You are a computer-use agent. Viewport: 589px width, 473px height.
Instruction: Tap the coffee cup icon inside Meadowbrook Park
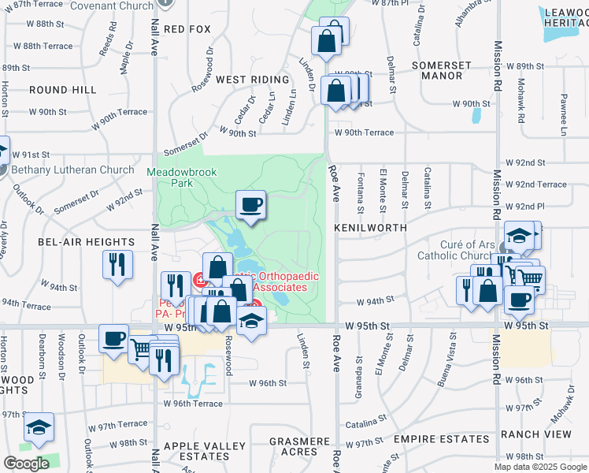pos(251,206)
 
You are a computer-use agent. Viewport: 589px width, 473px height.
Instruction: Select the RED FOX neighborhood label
pos(187,29)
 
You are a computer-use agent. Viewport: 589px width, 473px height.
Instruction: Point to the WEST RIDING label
pos(247,80)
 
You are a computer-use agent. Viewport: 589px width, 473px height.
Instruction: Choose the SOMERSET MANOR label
pos(446,70)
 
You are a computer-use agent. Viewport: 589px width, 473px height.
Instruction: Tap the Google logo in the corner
pos(26,464)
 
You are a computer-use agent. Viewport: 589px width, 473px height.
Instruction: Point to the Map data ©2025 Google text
pos(540,467)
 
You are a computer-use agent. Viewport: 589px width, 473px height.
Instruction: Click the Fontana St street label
pos(360,193)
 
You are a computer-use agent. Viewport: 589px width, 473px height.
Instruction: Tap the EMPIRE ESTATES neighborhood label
pos(425,438)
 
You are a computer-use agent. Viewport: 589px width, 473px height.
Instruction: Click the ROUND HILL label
pos(63,91)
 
